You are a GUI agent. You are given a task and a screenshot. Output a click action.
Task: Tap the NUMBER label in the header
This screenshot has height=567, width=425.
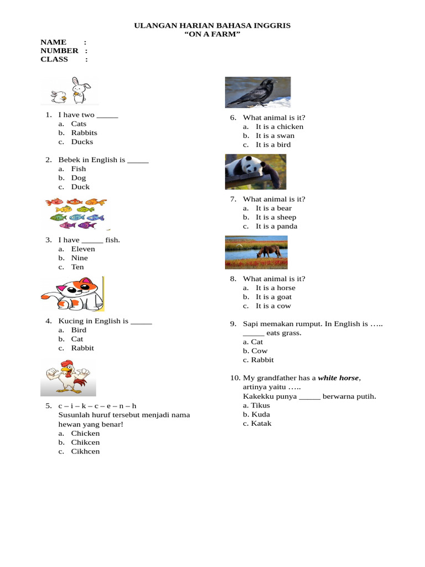pos(59,50)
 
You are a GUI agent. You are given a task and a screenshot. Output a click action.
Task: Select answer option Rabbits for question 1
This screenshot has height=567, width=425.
pos(84,133)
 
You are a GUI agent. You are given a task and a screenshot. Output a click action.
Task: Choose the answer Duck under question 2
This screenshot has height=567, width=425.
pos(80,187)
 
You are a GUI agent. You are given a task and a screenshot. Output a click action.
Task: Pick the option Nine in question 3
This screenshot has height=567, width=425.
pos(80,258)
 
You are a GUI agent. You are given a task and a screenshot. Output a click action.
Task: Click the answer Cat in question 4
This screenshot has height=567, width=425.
pos(77,339)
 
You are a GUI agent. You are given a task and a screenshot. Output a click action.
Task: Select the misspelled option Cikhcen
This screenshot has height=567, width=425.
pos(85,451)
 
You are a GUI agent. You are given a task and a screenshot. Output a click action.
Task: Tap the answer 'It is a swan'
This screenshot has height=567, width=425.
pos(275,136)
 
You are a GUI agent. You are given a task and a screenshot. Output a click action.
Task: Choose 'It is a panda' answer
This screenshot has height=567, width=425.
pos(276,226)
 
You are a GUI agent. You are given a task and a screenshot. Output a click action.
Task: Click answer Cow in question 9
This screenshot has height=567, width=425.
pos(259,351)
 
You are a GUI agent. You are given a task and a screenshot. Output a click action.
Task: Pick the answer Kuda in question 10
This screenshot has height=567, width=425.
pos(261,414)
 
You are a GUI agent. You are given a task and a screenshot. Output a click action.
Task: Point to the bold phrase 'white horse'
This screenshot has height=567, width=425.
pos(339,378)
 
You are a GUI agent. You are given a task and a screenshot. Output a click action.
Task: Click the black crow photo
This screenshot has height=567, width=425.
pos(257,92)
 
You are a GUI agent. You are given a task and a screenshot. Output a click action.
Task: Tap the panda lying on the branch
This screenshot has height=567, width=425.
pos(255,171)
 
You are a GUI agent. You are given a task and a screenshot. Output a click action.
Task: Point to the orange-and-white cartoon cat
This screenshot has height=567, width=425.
pos(72,294)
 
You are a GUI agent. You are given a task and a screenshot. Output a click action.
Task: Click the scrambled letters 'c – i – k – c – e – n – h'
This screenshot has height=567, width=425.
pos(97,406)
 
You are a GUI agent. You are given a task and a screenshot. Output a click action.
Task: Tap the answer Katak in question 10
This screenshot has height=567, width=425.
pos(261,424)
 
